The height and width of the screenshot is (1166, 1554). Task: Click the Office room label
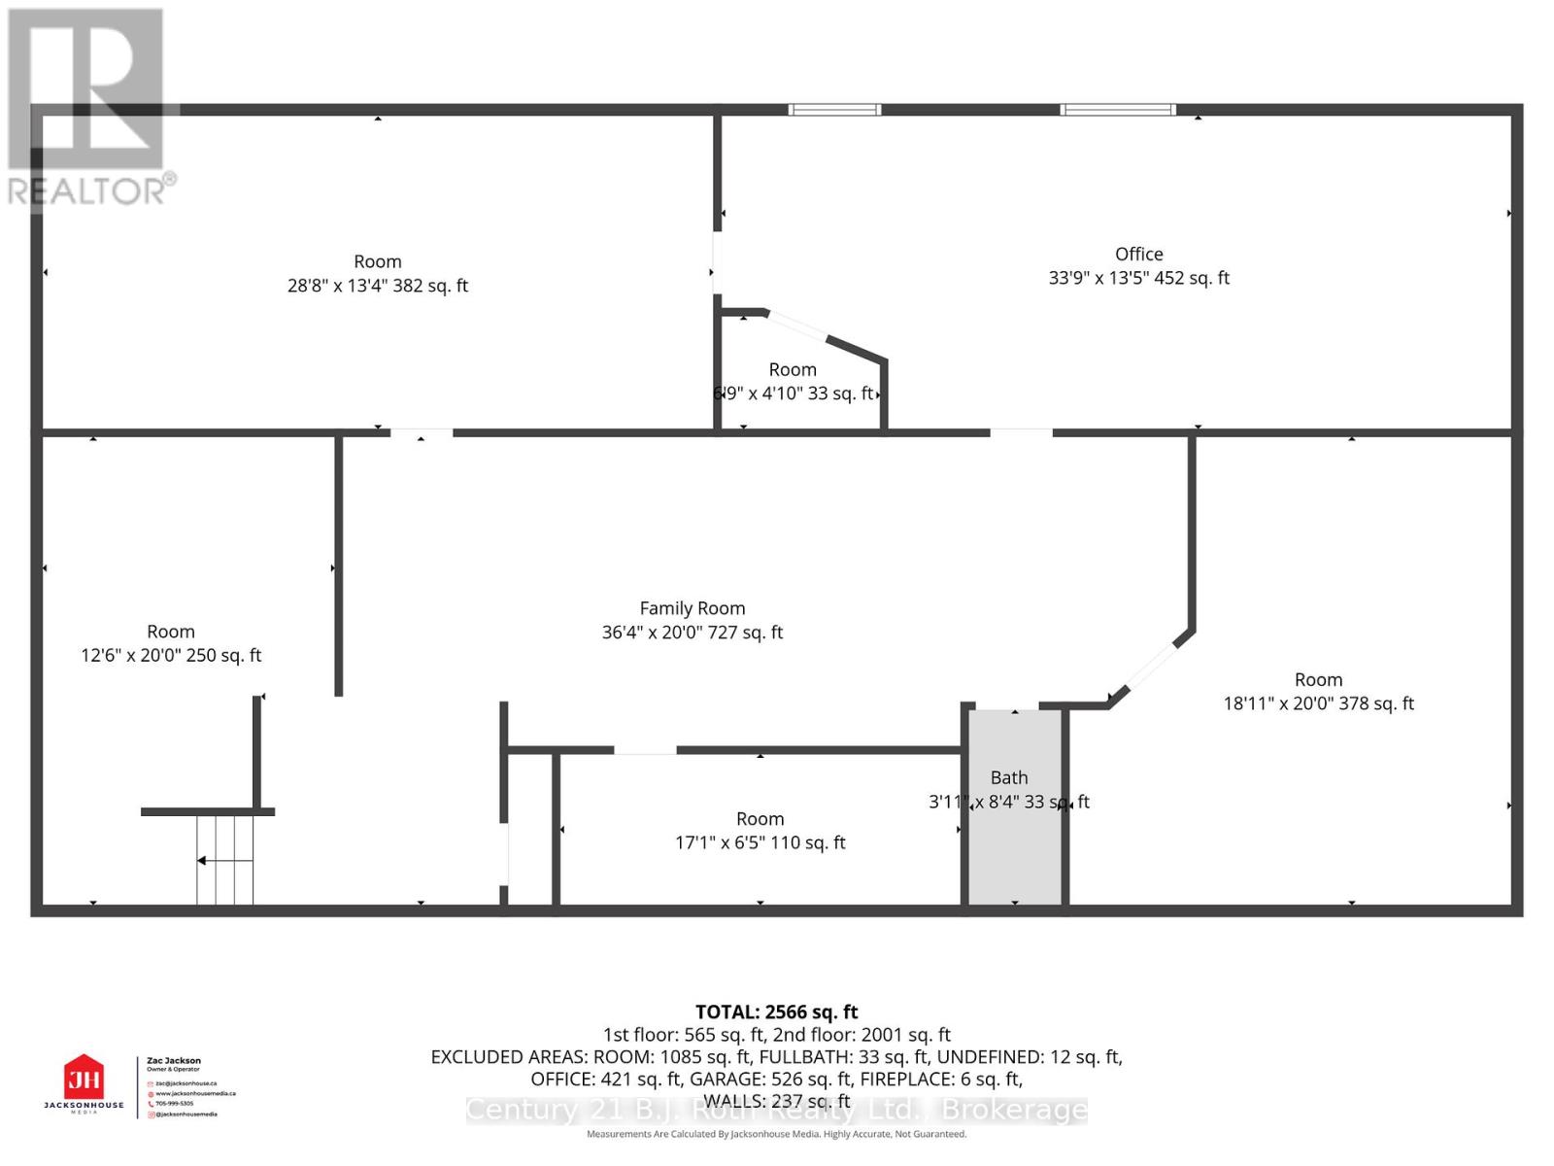coord(1138,254)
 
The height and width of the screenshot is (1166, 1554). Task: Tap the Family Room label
coord(692,608)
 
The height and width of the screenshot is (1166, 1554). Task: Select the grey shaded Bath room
coord(1016,836)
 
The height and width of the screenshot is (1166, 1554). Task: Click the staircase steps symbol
coord(225,859)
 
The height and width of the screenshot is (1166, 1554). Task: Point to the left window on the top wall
coord(834,110)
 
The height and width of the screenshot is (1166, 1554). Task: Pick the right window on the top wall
coord(1117,110)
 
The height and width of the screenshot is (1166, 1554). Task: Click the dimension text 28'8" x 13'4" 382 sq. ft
coord(377,286)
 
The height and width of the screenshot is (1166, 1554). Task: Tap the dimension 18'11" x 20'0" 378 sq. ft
coord(1317,703)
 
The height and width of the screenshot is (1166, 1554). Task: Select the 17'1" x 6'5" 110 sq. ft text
coord(760,842)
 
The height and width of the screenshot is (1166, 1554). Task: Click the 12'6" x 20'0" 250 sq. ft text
coord(171,655)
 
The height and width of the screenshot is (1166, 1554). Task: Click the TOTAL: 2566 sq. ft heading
coord(776,1012)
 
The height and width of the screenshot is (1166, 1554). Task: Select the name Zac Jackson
coord(174,1061)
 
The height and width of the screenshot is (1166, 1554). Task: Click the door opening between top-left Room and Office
coord(717,261)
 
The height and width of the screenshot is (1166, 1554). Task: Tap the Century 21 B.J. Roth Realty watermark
coord(776,1110)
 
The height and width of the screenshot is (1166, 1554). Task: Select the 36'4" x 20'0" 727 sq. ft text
coord(692,633)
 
